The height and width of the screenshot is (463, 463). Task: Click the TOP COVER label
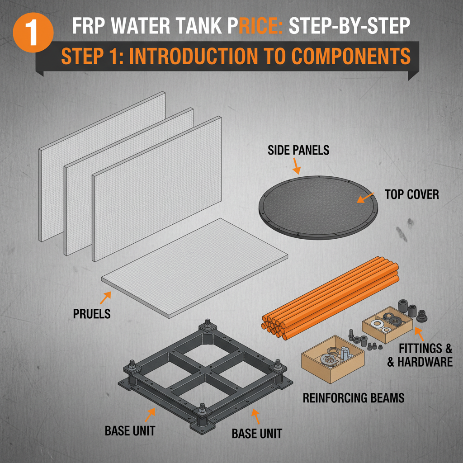pos(411,194)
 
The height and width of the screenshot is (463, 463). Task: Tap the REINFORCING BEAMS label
pos(353,398)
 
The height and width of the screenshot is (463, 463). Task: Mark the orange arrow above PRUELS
pos(105,297)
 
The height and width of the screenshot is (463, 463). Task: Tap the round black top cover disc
pos(318,208)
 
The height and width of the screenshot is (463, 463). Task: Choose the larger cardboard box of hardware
pos(332,357)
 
